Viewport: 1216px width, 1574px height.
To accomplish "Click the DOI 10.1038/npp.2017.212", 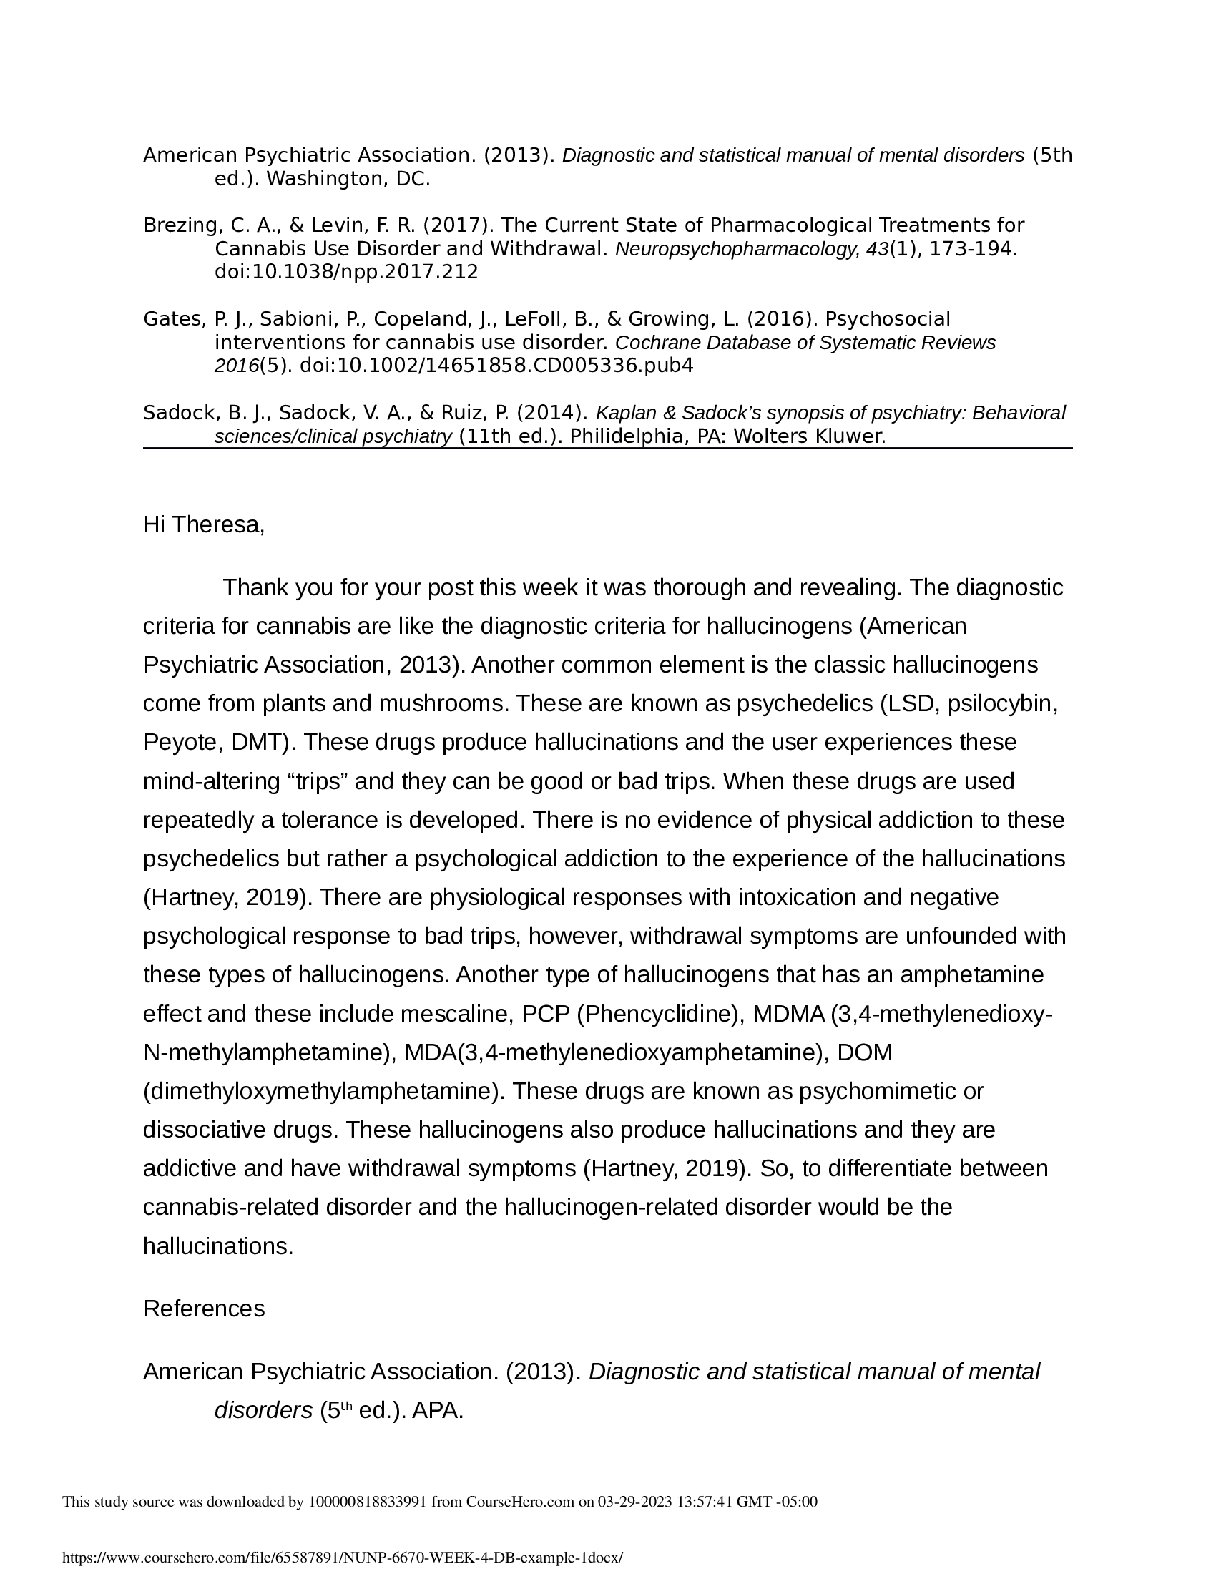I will pyautogui.click(x=345, y=272).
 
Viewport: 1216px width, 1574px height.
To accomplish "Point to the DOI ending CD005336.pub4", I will pyautogui.click(x=496, y=366).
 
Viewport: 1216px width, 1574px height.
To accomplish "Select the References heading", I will pyautogui.click(x=204, y=1308).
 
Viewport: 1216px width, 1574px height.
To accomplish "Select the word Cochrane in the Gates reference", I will pyautogui.click(x=648, y=342).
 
